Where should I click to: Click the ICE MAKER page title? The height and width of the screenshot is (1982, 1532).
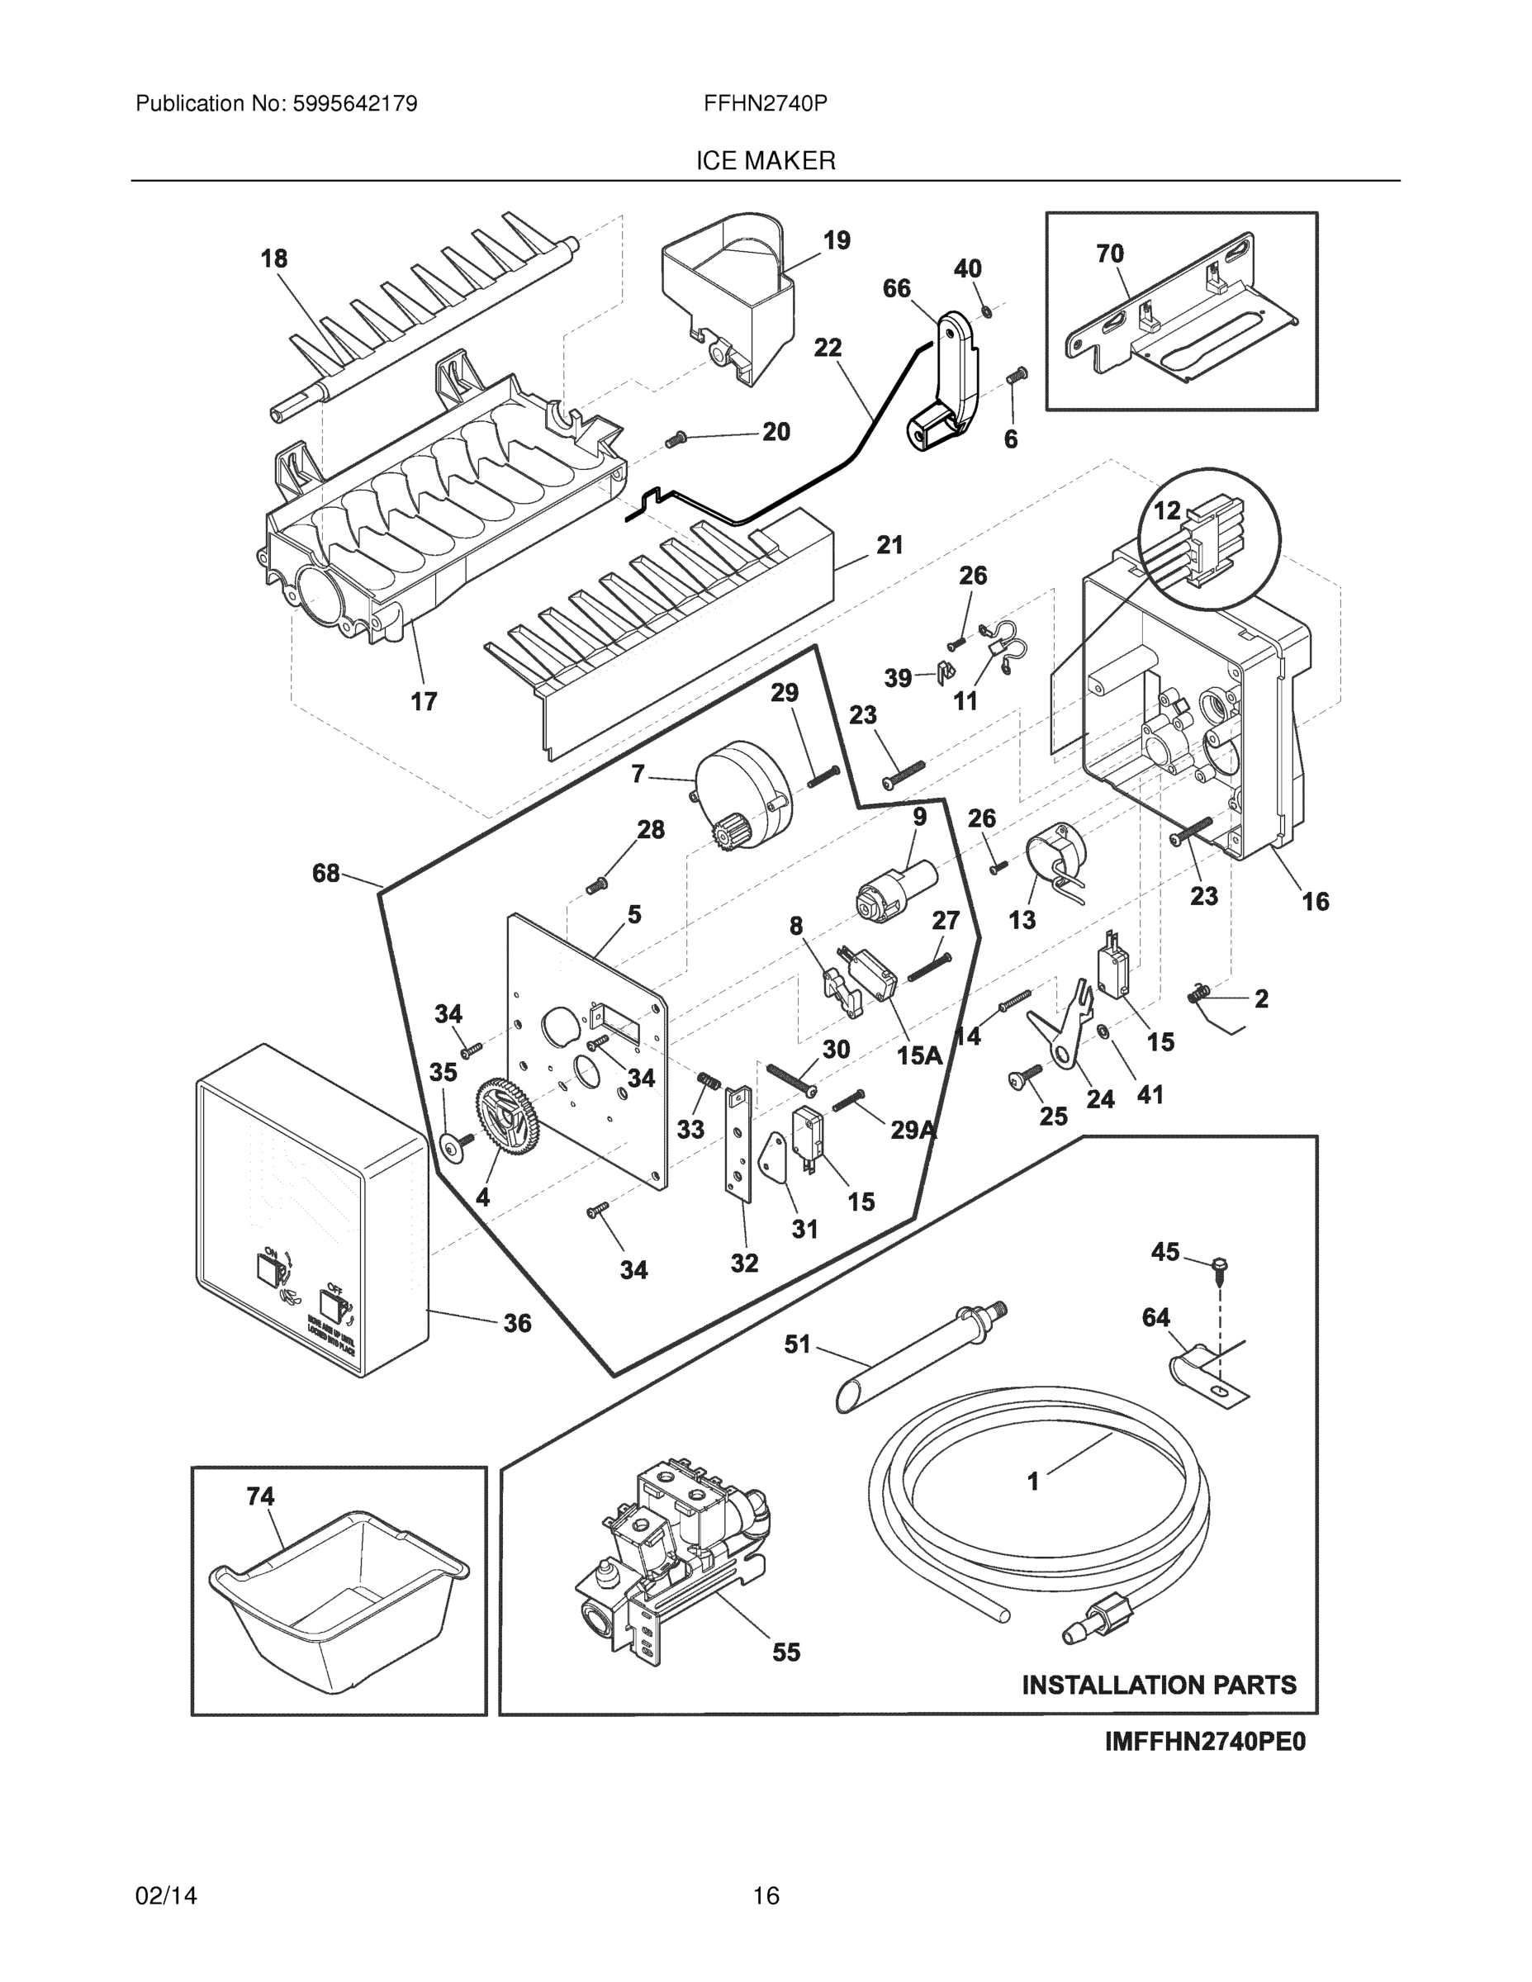(x=765, y=161)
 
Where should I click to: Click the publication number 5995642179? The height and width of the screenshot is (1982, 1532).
(x=354, y=103)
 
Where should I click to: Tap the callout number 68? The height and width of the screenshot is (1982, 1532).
(x=326, y=873)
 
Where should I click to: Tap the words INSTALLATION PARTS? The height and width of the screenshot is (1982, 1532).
(x=1159, y=1686)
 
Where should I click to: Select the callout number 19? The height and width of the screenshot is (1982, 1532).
(x=836, y=240)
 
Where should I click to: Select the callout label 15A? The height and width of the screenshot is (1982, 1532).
(x=918, y=1055)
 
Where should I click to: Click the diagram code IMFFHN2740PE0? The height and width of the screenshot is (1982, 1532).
(x=1204, y=1742)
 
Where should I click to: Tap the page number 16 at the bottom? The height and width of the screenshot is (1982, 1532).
(x=765, y=1896)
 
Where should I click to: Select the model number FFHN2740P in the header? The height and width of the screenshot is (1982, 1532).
(x=765, y=103)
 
